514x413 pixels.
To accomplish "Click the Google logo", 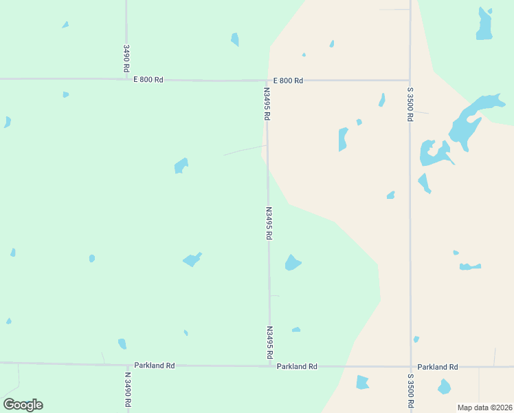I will (x=23, y=405).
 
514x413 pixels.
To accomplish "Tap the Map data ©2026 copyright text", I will (x=484, y=407).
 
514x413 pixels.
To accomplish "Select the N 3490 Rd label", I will (x=128, y=390).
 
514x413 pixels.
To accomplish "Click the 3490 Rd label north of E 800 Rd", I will (x=126, y=59).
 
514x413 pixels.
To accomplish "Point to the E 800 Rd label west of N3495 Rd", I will (x=148, y=80).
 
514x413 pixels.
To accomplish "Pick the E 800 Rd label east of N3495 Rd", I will (x=288, y=81).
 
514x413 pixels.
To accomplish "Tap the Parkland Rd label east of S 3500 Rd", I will (x=438, y=367).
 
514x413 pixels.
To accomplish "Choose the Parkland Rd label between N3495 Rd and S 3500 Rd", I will (x=297, y=367).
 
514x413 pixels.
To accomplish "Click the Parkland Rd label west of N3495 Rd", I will (x=155, y=366).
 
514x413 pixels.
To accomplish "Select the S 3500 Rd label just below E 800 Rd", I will (x=410, y=104).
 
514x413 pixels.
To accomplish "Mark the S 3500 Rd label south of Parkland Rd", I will (x=410, y=391).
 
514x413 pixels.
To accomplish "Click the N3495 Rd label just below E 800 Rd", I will (x=267, y=103).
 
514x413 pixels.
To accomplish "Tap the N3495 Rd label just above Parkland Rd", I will (x=269, y=343).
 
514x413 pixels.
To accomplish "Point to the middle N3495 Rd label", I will (x=269, y=223).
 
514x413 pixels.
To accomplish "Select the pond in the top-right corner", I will (x=485, y=25).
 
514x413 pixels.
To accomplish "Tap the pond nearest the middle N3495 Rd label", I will (x=293, y=263).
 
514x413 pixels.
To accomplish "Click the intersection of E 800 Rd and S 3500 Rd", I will (x=410, y=81).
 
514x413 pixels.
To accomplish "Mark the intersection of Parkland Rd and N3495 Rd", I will (x=269, y=366).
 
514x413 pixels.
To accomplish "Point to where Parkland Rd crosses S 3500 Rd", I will (x=411, y=367).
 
